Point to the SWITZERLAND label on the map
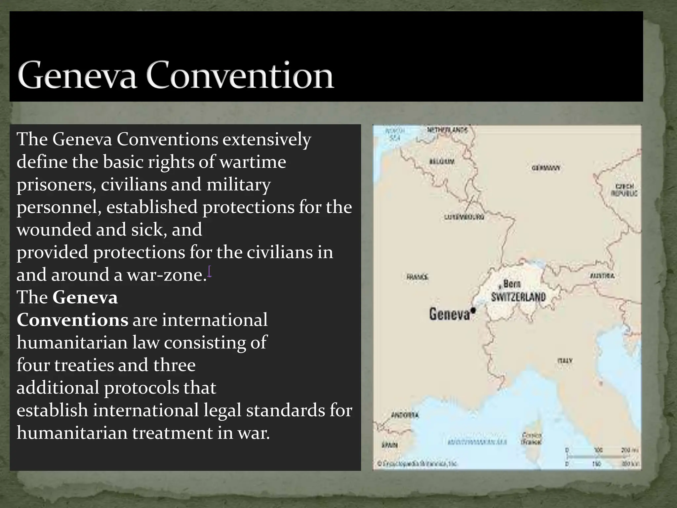(518, 297)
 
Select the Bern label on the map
(512, 284)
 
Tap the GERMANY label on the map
(546, 168)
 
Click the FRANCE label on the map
(417, 277)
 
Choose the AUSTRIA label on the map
(602, 276)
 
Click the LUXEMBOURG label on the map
(464, 217)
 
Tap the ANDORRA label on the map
(405, 415)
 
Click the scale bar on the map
(601, 457)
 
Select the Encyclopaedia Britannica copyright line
(417, 464)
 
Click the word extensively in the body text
(266, 139)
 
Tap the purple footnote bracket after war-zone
(210, 272)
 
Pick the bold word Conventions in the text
(72, 320)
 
